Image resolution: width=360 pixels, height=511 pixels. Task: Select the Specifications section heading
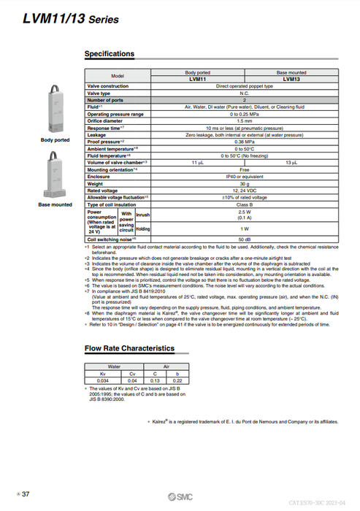(110, 54)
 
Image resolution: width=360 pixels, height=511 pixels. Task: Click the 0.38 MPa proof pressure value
(245, 141)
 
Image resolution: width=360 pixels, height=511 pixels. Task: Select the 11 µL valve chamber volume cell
(198, 161)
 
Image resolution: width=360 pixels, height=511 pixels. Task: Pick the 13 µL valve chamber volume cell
(291, 161)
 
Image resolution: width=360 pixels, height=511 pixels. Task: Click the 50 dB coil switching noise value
(245, 238)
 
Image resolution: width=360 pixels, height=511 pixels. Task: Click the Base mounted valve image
(55, 175)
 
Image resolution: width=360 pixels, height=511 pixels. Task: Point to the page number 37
(24, 495)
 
